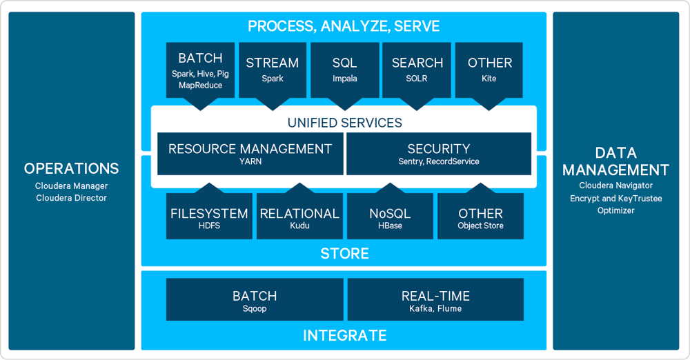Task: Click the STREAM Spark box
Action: click(273, 70)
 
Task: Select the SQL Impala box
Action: click(344, 70)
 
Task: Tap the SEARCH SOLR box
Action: click(416, 70)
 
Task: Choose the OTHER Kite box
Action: click(489, 70)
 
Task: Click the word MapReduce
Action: click(200, 86)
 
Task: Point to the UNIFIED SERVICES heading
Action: click(344, 123)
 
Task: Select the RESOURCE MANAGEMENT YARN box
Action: click(250, 154)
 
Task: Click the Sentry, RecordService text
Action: click(439, 161)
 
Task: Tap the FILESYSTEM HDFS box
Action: click(209, 216)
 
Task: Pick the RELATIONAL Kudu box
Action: click(299, 216)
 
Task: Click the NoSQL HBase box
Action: click(390, 216)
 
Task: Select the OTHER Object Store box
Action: click(480, 216)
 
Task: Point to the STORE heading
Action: click(344, 254)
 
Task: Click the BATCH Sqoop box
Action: click(255, 299)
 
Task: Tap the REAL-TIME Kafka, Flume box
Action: click(435, 299)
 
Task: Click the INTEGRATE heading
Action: click(344, 335)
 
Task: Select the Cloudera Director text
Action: click(71, 198)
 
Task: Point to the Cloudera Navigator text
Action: click(615, 186)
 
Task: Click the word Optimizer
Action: click(615, 210)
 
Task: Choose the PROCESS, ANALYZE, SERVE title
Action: click(344, 26)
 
